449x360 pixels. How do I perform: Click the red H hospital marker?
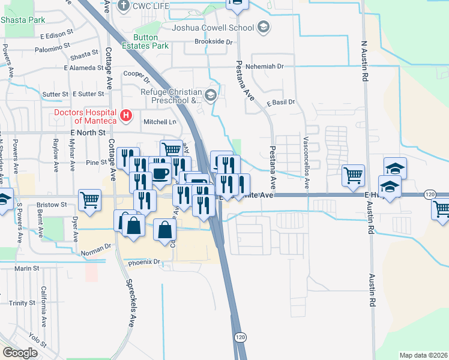[x=126, y=115]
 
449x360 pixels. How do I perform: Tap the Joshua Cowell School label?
[x=212, y=28]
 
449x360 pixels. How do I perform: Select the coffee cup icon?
[x=160, y=174]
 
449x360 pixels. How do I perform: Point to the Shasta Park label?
[x=23, y=20]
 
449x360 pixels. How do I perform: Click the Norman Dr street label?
[x=95, y=246]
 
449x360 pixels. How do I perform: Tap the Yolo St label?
[x=38, y=340]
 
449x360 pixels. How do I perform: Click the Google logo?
[x=20, y=353]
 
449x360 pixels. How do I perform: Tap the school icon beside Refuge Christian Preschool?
[x=210, y=95]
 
